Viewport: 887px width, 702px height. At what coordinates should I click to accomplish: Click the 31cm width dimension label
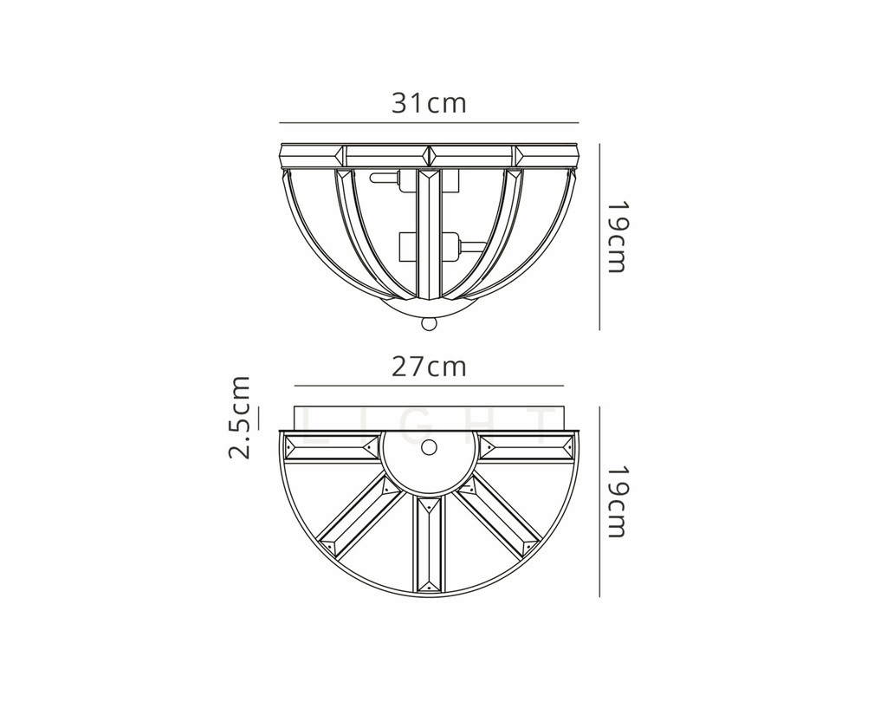tap(429, 103)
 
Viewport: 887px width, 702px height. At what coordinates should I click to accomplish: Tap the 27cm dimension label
tap(429, 367)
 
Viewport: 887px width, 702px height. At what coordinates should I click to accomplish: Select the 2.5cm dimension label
tap(240, 417)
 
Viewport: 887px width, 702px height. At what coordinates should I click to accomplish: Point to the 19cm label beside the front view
tap(616, 237)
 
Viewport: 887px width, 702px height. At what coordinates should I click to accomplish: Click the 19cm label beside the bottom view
tap(616, 501)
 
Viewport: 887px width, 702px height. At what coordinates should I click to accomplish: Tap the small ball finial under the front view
tap(428, 324)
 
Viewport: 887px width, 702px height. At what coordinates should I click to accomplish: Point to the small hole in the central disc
tap(429, 448)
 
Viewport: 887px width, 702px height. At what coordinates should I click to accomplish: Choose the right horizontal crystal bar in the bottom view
tap(527, 447)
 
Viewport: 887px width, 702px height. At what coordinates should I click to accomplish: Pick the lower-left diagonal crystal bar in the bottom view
tap(359, 517)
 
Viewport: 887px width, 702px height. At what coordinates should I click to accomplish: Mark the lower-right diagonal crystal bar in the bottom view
tap(499, 517)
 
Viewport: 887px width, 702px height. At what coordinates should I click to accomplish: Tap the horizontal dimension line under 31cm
tap(429, 123)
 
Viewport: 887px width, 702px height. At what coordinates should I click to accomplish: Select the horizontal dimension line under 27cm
tap(429, 386)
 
